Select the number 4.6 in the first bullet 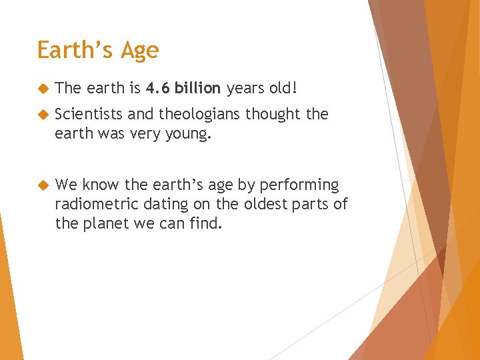tap(157, 88)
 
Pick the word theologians tap(195, 115)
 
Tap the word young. tap(189, 133)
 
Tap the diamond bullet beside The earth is tap(42, 88)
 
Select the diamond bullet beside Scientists tap(42, 115)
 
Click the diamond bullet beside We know tap(42, 185)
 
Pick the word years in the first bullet tap(247, 89)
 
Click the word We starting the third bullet tap(66, 185)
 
